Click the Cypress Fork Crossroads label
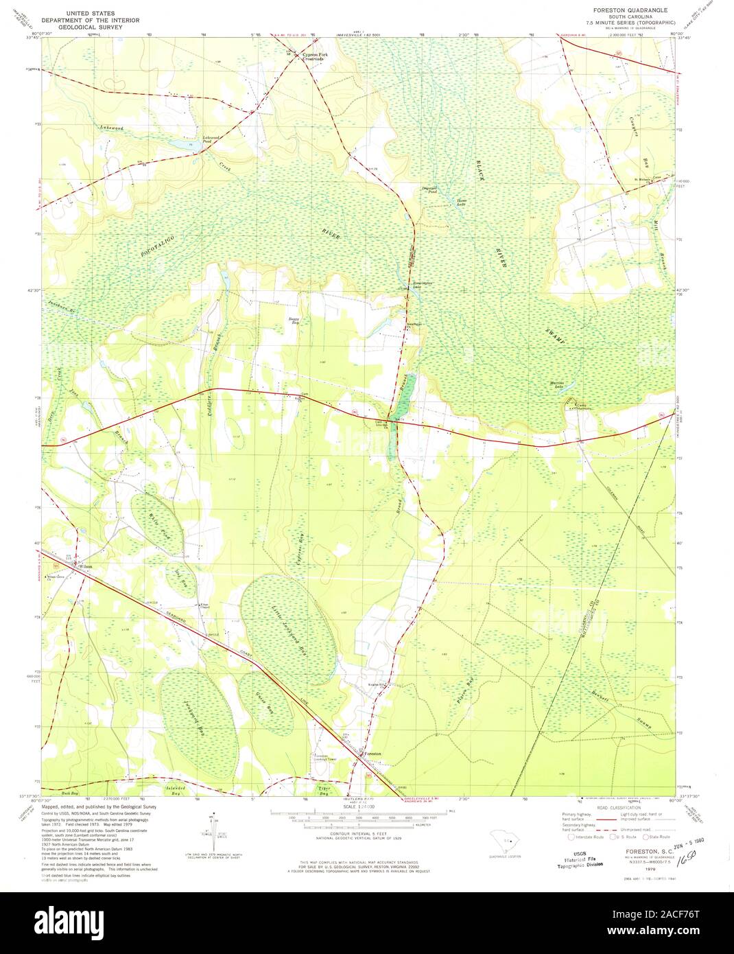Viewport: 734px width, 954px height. point(312,57)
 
